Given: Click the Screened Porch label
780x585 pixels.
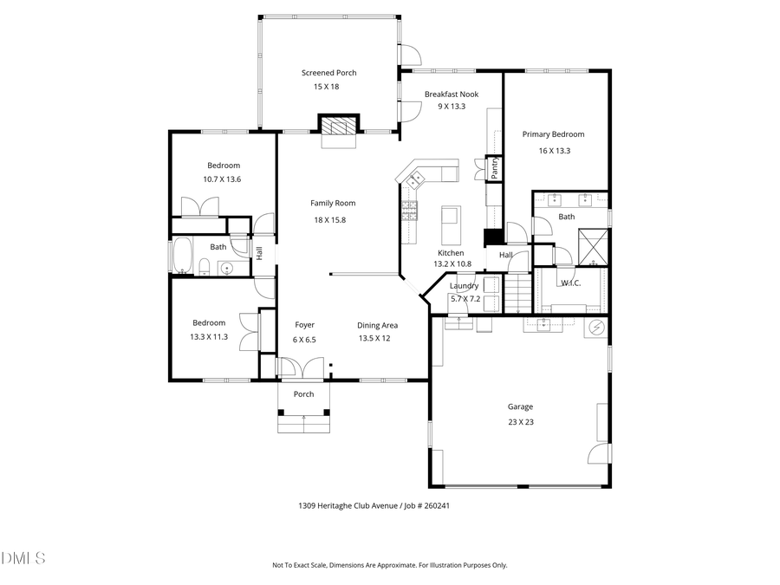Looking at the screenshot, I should tap(328, 73).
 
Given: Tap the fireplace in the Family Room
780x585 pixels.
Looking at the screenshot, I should tap(338, 127).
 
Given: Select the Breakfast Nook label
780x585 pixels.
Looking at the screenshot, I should tap(451, 94).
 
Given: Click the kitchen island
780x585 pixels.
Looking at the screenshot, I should tap(450, 225).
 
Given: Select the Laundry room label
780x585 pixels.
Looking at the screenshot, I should tap(465, 286).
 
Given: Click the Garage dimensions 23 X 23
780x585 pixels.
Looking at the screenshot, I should tap(520, 422).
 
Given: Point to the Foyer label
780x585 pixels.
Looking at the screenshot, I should tap(304, 325).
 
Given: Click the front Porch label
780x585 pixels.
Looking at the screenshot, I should tap(303, 394).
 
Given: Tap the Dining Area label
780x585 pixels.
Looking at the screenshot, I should tap(377, 325).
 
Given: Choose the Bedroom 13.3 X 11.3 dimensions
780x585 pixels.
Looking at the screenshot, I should tap(208, 337).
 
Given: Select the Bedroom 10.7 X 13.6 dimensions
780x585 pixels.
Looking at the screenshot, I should tap(222, 179).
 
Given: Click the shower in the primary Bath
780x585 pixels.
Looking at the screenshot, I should tap(594, 246).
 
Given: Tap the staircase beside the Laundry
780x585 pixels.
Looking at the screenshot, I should tap(517, 292).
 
